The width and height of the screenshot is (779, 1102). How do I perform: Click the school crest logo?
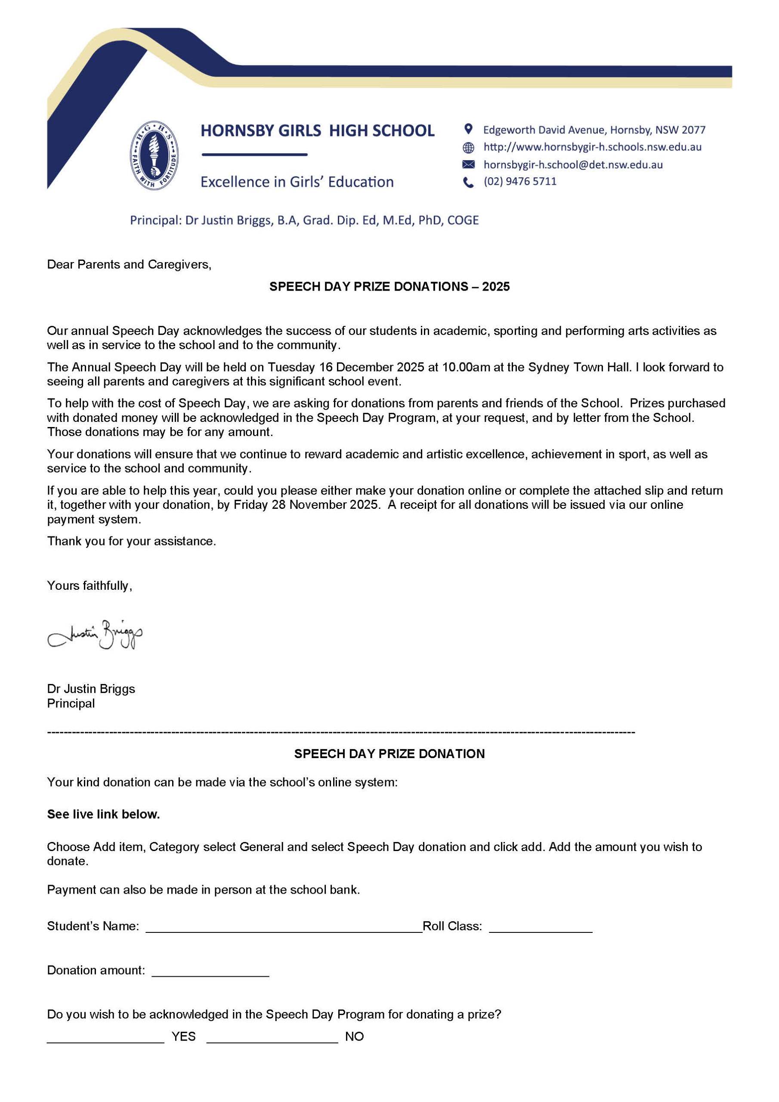[x=155, y=155]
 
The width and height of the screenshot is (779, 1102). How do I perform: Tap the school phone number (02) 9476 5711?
[x=520, y=181]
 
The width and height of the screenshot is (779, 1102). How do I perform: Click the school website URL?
[x=592, y=147]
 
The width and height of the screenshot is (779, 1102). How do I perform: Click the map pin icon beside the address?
[x=468, y=129]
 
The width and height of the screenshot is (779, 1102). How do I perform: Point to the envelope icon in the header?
[x=468, y=164]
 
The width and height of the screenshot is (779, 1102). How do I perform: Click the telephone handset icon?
[x=468, y=183]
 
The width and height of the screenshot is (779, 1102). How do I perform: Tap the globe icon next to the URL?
[x=468, y=147]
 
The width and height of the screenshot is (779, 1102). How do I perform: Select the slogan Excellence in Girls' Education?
[x=297, y=182]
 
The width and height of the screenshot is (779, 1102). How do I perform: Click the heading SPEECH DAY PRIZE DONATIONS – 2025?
[x=389, y=287]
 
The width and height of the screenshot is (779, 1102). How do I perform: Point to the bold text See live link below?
[x=103, y=814]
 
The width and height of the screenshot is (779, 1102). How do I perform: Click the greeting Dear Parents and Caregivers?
[x=129, y=264]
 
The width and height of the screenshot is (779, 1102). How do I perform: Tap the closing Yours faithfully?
[x=89, y=585]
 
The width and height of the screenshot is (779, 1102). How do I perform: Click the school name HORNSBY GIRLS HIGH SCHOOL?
[x=317, y=130]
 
